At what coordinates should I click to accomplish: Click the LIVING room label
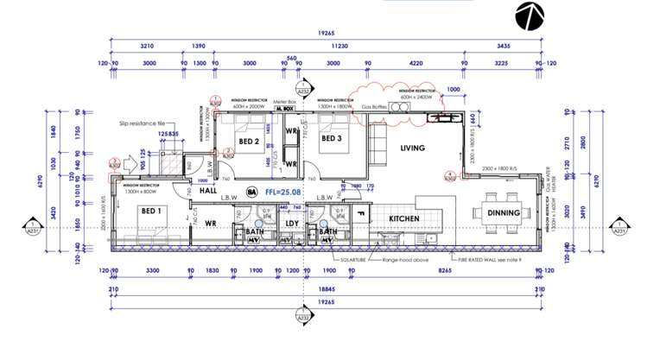(x=413, y=148)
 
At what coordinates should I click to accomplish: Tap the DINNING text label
(x=503, y=212)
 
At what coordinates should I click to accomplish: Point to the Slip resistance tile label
(x=143, y=123)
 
